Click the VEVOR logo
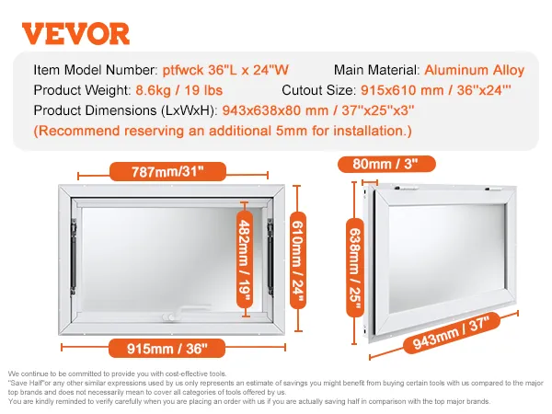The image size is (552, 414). pyautogui.click(x=75, y=33)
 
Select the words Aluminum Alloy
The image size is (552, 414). pyautogui.click(x=475, y=70)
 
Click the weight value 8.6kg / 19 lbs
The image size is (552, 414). pyautogui.click(x=182, y=90)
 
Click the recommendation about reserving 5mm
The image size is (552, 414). pyautogui.click(x=223, y=132)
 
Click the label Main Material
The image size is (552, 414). pyautogui.click(x=374, y=70)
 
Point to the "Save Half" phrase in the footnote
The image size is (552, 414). pyautogui.click(x=24, y=381)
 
